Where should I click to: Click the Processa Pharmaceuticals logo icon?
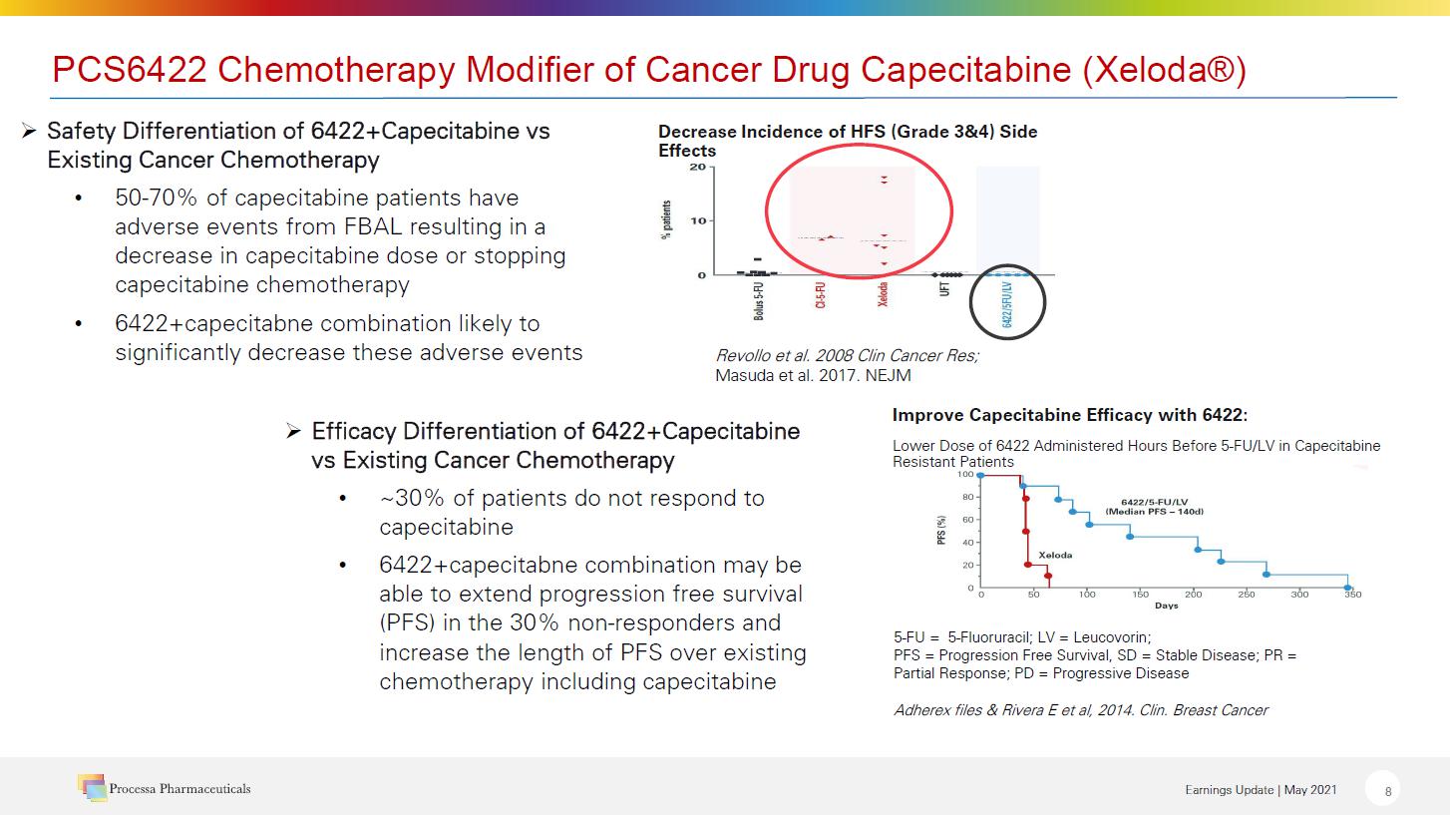pyautogui.click(x=92, y=787)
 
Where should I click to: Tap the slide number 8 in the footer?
pyautogui.click(x=1387, y=791)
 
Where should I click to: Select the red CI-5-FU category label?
pyautogui.click(x=820, y=296)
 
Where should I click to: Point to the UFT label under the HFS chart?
pyautogui.click(x=944, y=291)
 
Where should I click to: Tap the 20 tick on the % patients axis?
pyautogui.click(x=697, y=167)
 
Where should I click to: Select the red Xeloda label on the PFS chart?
pyautogui.click(x=1055, y=555)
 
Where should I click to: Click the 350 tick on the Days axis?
pyautogui.click(x=1352, y=595)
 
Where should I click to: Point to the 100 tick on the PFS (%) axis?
pyautogui.click(x=965, y=475)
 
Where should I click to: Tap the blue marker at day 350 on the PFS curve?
pyautogui.click(x=1348, y=588)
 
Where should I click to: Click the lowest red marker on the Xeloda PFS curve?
pyautogui.click(x=1047, y=576)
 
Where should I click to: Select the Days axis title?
pyautogui.click(x=1166, y=606)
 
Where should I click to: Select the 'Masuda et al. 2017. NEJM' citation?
pyautogui.click(x=813, y=375)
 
